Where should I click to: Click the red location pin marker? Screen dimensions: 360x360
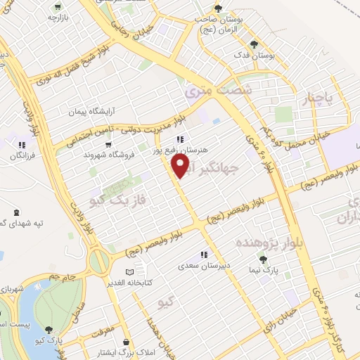pos(181,165)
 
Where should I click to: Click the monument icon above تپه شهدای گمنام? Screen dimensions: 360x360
pos(16,211)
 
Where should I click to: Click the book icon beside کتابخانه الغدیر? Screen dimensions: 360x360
pos(128,271)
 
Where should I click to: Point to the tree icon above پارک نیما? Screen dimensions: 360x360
pos(264,259)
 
